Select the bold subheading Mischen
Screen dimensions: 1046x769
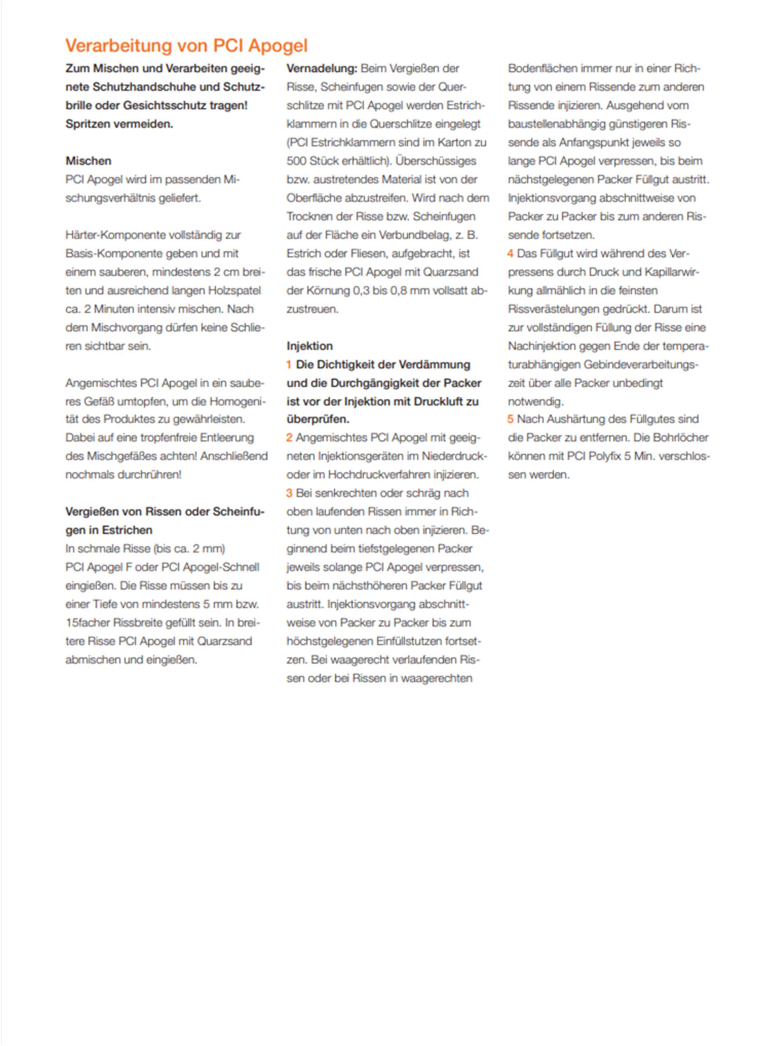click(88, 161)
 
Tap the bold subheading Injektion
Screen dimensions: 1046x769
click(309, 346)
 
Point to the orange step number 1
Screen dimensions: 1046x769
click(289, 365)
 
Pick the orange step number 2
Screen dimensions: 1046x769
click(289, 438)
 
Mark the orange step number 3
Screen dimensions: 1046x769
click(289, 493)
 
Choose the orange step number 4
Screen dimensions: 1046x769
click(511, 254)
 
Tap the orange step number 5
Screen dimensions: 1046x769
click(511, 419)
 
